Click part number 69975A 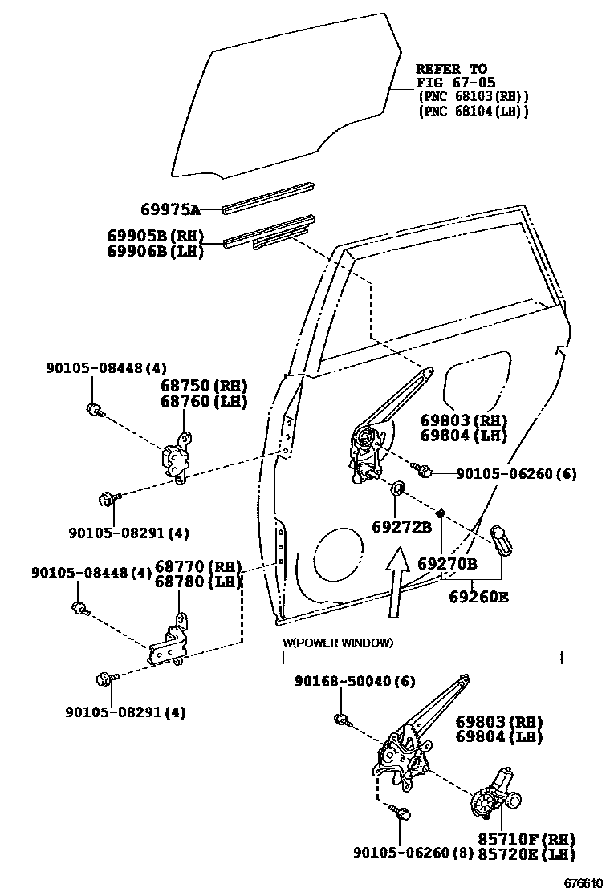170,210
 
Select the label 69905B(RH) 156,237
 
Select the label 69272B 401,526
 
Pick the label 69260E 478,597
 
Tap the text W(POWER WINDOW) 338,643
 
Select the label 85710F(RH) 527,839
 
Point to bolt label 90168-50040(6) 354,681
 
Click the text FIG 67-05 455,83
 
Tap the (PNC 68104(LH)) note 474,111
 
